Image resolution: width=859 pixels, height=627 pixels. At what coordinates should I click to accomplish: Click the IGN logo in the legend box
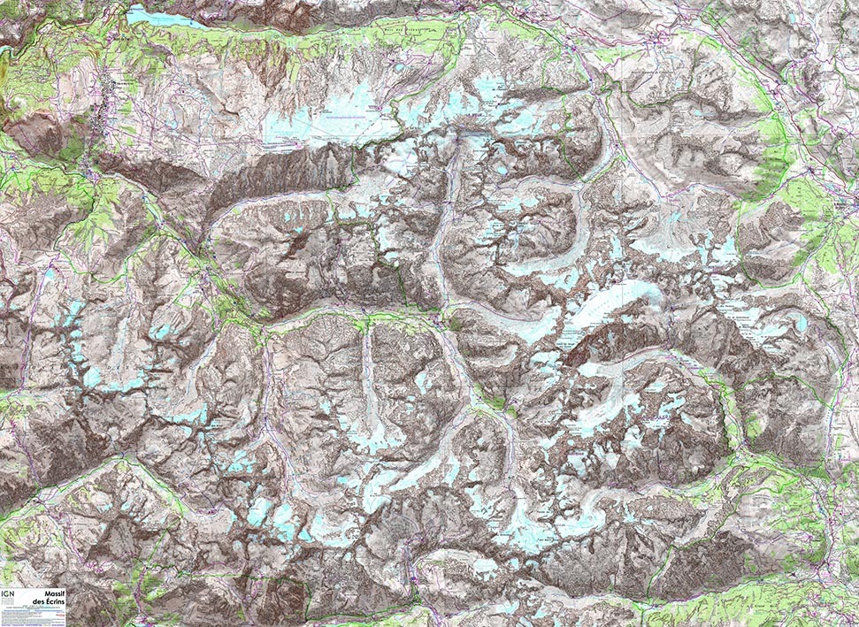tap(9, 594)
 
